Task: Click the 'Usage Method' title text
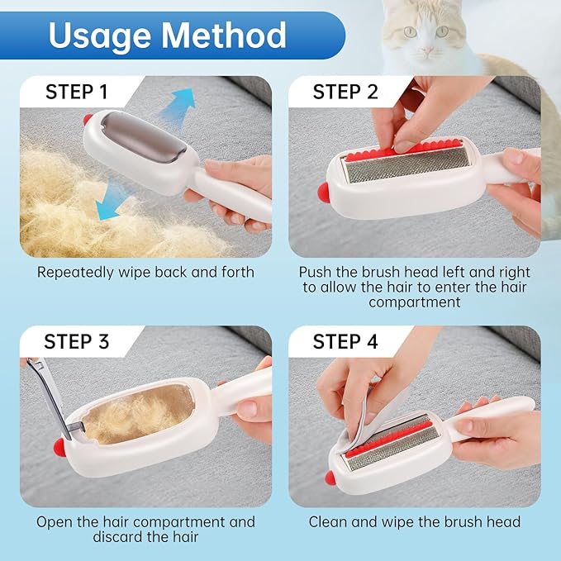tap(167, 35)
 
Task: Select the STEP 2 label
tap(345, 92)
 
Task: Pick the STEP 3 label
tap(77, 341)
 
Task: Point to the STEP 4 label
tap(345, 341)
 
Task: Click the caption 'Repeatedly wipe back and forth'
tap(145, 272)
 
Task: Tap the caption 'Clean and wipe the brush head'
tap(415, 522)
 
